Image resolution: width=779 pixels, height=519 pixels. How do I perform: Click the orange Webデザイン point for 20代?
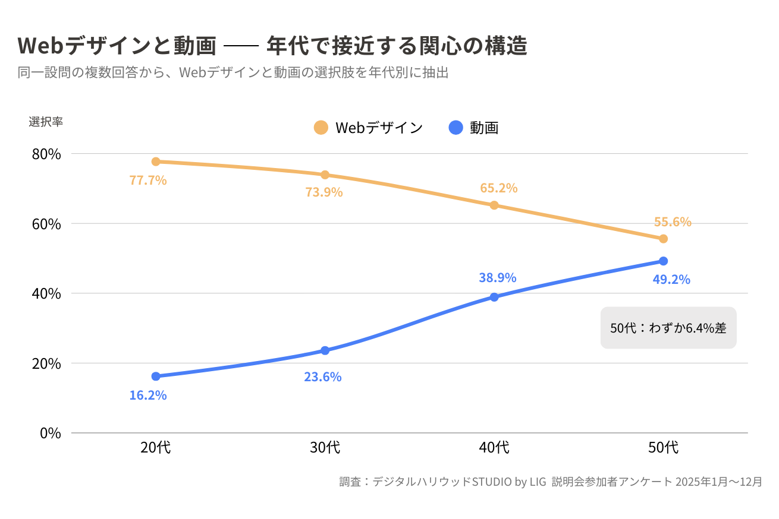click(x=156, y=162)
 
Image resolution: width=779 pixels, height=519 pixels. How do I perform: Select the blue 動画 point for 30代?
click(x=325, y=350)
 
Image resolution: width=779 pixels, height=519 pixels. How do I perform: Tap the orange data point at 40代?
click(x=494, y=205)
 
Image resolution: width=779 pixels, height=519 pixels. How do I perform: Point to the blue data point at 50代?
click(x=664, y=261)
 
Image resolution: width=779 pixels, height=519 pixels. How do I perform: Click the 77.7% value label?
click(x=148, y=180)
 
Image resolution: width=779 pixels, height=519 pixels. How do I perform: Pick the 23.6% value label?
click(x=323, y=376)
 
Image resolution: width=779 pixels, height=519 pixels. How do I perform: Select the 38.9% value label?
click(x=498, y=277)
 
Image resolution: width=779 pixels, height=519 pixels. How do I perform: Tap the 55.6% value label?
click(x=673, y=222)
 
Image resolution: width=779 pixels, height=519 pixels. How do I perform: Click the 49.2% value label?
click(x=671, y=279)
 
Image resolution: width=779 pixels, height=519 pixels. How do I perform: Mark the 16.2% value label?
click(x=148, y=395)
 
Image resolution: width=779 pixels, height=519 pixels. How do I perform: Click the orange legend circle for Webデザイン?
click(x=321, y=127)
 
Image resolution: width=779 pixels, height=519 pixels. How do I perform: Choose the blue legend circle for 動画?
click(x=456, y=127)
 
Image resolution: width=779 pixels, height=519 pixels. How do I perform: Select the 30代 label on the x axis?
click(x=325, y=448)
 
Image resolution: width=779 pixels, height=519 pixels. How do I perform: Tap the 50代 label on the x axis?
click(x=664, y=448)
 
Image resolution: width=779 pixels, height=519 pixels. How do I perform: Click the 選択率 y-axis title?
click(x=46, y=121)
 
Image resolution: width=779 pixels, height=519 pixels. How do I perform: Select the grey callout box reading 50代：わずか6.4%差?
click(x=668, y=328)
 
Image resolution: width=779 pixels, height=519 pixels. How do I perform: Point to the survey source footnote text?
click(x=551, y=482)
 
